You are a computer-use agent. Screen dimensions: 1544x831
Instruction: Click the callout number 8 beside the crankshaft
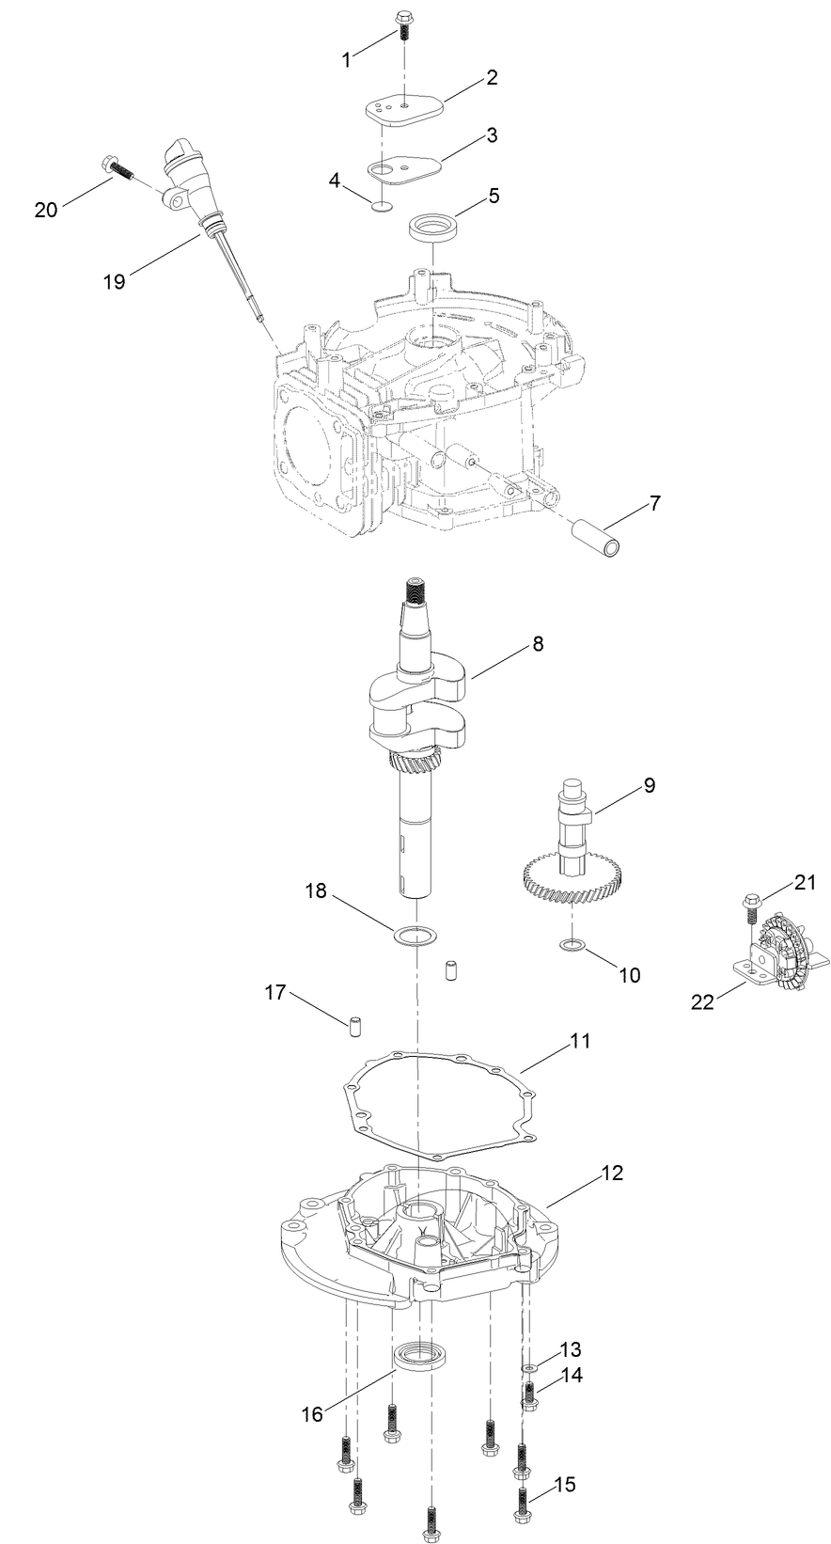537,644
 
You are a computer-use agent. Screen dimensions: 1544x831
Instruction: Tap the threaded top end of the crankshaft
415,591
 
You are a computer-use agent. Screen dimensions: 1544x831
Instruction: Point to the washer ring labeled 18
415,936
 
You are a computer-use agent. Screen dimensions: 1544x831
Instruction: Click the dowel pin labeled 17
356,1024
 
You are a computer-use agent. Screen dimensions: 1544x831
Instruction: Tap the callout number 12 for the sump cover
612,1174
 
